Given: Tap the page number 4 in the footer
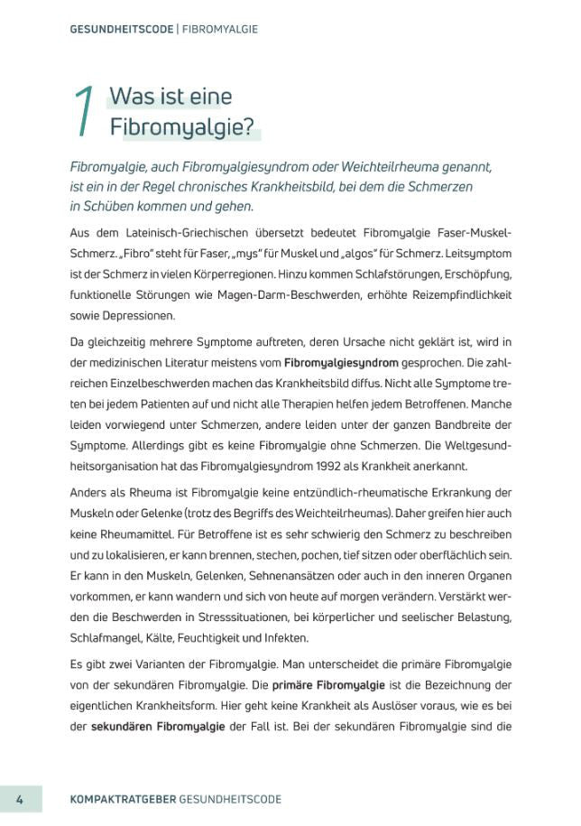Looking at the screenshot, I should [20, 799].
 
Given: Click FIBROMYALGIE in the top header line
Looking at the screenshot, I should [220, 29].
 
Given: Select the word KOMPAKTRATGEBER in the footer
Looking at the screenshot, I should [123, 799].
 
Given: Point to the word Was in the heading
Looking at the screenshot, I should [129, 97].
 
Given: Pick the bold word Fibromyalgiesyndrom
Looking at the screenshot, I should [341, 362].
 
